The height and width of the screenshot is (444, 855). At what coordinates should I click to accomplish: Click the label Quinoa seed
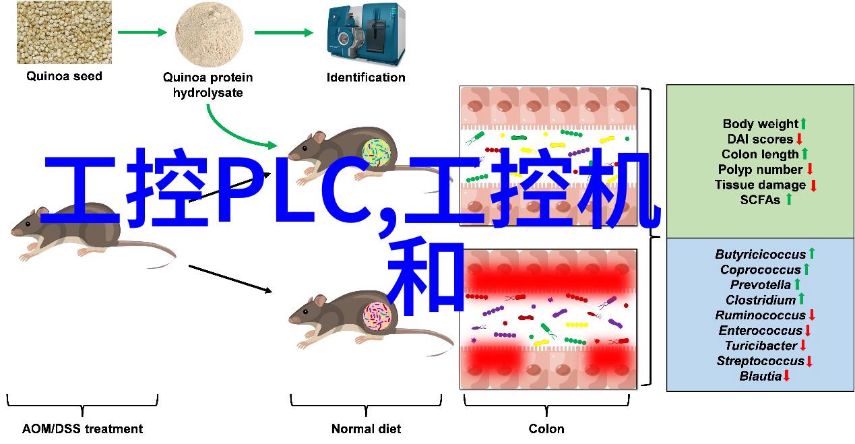64,76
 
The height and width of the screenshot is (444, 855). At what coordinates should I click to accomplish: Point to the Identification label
366,77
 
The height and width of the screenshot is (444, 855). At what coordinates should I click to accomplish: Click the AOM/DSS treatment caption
82,429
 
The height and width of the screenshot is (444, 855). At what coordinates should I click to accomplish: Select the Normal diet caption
366,429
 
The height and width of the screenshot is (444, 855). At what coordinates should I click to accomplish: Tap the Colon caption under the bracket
546,429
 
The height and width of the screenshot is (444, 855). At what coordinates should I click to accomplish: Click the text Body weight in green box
760,124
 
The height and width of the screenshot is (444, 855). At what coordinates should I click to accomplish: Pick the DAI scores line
760,139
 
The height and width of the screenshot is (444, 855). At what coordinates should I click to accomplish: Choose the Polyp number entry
760,170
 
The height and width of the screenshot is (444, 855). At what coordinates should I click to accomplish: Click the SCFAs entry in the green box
760,200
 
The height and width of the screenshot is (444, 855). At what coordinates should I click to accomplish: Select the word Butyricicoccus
760,255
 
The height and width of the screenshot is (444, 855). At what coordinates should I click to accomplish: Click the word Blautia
760,376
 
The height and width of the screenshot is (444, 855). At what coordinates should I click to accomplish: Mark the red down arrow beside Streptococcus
809,361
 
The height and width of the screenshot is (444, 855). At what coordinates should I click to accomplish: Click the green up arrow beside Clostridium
801,300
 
